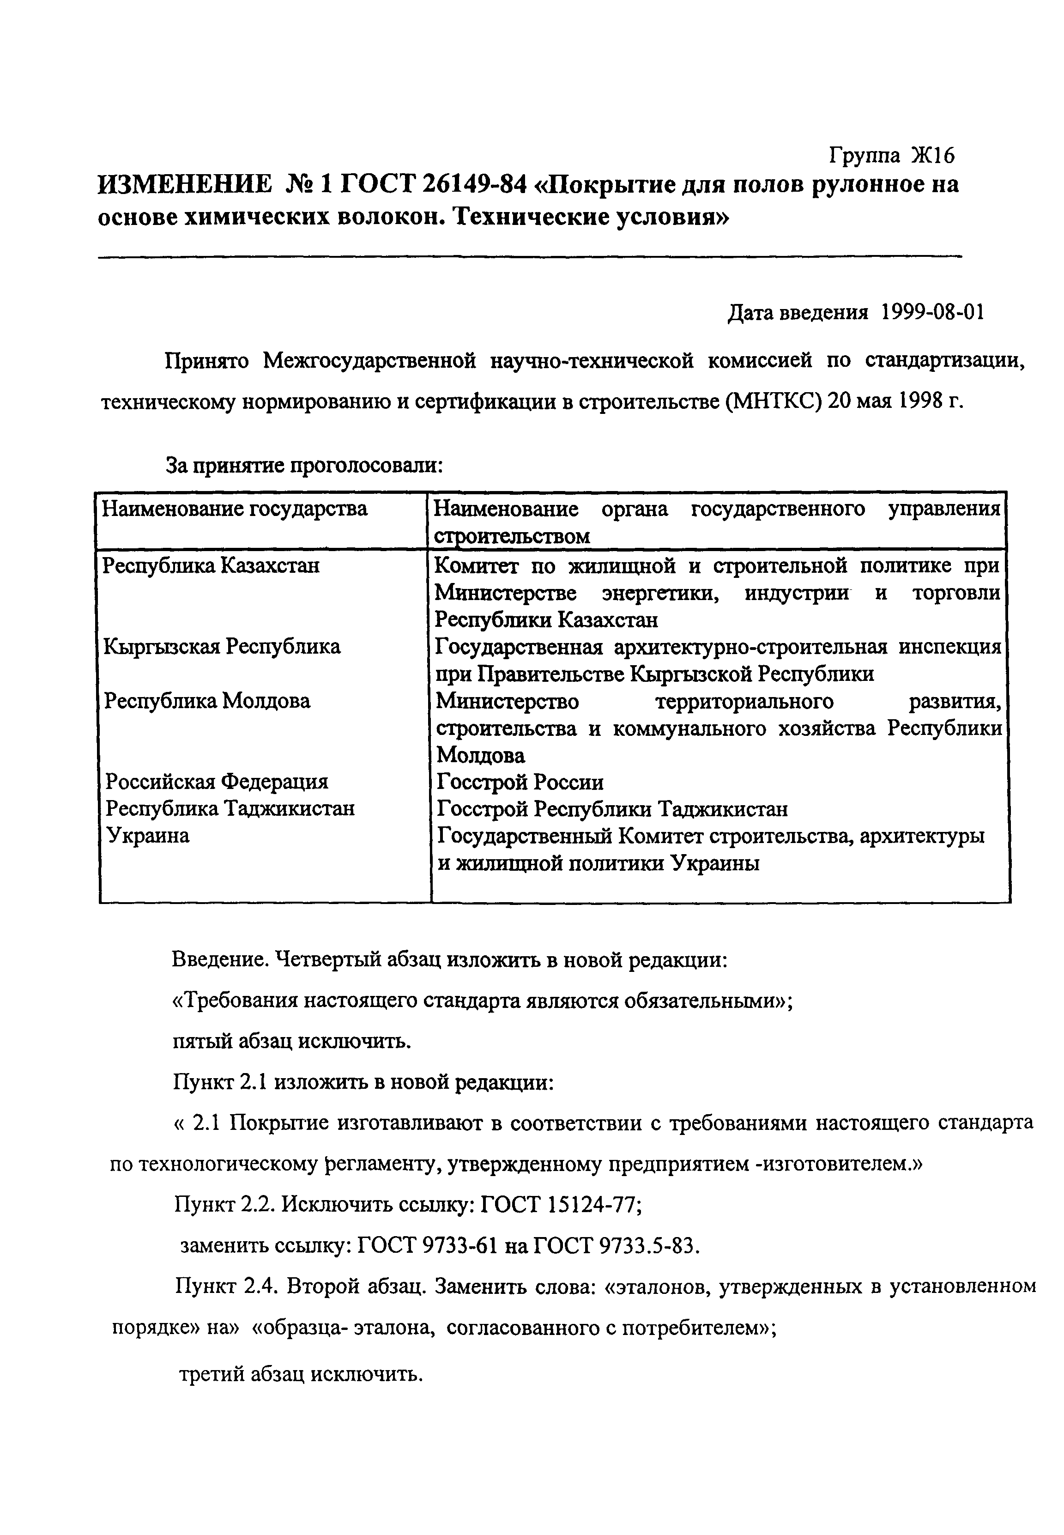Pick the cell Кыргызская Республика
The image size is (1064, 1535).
click(222, 646)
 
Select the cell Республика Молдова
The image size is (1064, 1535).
click(208, 701)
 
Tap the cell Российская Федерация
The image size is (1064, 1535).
click(218, 782)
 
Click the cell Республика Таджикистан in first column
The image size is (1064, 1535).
click(230, 808)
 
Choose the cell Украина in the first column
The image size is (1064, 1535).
click(148, 836)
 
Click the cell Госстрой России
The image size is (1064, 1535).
click(520, 782)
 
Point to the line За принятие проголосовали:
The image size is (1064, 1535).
click(304, 466)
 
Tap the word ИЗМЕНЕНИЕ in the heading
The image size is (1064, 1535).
click(185, 184)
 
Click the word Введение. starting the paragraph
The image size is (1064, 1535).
click(221, 959)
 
